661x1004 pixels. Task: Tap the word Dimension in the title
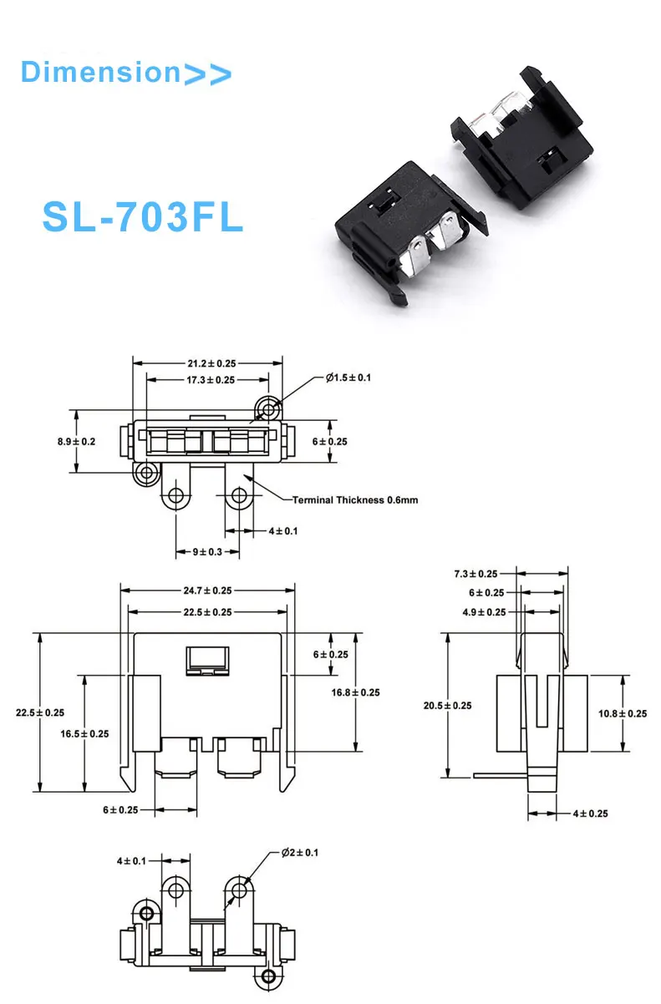pyautogui.click(x=99, y=72)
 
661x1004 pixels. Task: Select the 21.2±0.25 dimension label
pyautogui.click(x=206, y=363)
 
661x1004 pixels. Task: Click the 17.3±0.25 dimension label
pyautogui.click(x=206, y=379)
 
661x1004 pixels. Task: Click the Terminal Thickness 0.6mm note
pyautogui.click(x=354, y=499)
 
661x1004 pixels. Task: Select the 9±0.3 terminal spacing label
pyautogui.click(x=207, y=552)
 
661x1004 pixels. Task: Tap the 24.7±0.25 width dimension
pyautogui.click(x=207, y=591)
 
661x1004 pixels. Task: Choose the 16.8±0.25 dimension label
pyautogui.click(x=355, y=692)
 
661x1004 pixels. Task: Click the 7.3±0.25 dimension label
pyautogui.click(x=475, y=574)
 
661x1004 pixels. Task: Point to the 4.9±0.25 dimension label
pyautogui.click(x=484, y=611)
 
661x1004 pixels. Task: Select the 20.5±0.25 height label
pyautogui.click(x=447, y=706)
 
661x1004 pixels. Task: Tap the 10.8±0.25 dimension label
pyautogui.click(x=623, y=713)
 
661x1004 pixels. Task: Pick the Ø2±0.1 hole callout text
pyautogui.click(x=299, y=853)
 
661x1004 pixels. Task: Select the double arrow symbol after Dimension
pyautogui.click(x=206, y=74)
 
